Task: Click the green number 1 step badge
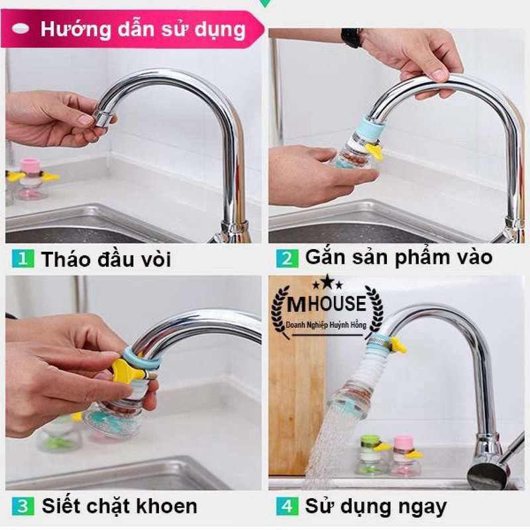point(21,258)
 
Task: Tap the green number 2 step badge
point(287,258)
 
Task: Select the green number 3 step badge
point(21,507)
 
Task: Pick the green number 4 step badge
point(287,507)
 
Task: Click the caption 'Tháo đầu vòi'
point(106,259)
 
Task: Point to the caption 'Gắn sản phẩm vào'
point(399,258)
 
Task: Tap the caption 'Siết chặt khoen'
point(119,507)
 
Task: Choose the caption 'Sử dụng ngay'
point(376,507)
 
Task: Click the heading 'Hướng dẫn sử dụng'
point(142,29)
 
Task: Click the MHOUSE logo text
point(328,304)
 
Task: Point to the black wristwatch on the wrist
point(351,37)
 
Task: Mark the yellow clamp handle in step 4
point(397,344)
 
